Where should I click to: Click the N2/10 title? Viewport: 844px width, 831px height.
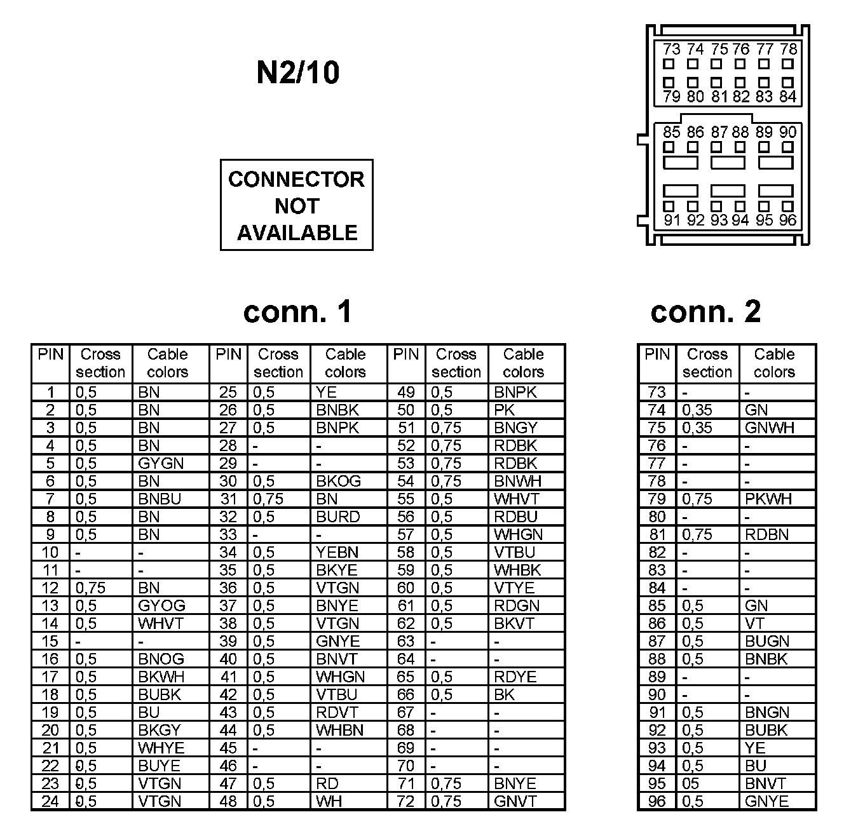(x=297, y=72)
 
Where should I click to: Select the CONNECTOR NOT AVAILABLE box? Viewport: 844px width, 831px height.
(x=296, y=205)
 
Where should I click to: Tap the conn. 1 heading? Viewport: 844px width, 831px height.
(x=297, y=311)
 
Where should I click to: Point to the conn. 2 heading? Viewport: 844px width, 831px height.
(x=705, y=311)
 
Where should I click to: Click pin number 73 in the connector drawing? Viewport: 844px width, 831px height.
(x=670, y=50)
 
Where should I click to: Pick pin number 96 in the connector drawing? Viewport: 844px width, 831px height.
(x=787, y=220)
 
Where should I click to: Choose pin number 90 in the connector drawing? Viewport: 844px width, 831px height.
(x=787, y=132)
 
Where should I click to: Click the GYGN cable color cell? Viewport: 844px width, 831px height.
(x=161, y=464)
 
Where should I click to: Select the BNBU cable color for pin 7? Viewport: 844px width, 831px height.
(x=160, y=499)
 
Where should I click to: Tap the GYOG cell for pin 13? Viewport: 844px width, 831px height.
(x=161, y=606)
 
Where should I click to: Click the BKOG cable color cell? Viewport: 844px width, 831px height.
(x=338, y=482)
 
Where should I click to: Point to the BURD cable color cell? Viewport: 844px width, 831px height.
(x=338, y=517)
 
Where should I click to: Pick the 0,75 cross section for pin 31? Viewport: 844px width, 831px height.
(x=268, y=499)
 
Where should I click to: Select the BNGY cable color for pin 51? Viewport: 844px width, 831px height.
(x=515, y=428)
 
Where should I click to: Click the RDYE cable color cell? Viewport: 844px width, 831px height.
(x=515, y=677)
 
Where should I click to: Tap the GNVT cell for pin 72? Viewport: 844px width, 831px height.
(x=515, y=802)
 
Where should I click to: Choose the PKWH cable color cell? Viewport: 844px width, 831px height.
(x=768, y=499)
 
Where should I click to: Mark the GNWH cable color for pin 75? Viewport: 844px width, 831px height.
(x=770, y=428)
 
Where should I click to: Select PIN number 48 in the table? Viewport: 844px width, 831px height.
(x=228, y=802)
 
